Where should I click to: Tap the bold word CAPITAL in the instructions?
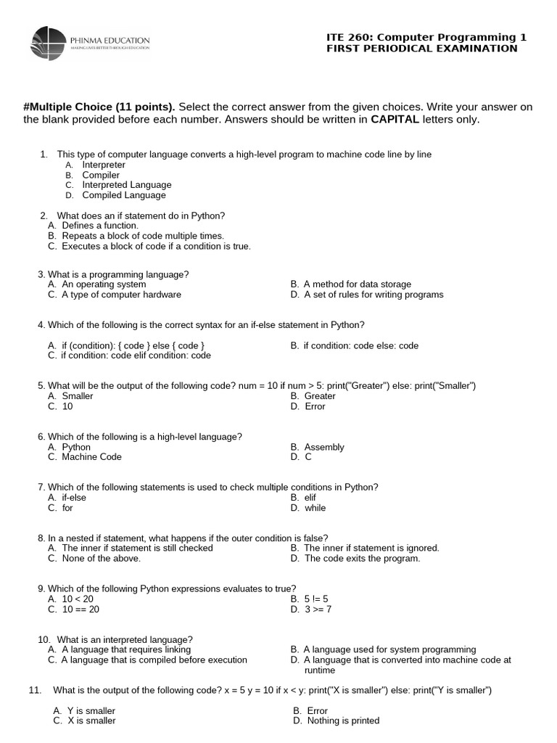point(395,120)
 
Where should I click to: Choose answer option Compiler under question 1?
point(101,175)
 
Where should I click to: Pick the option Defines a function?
point(100,226)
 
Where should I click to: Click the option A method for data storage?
point(357,284)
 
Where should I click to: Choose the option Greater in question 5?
point(319,396)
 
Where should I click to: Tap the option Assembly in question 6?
point(323,447)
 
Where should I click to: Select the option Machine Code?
point(91,457)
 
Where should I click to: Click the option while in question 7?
point(315,508)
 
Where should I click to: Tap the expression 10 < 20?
point(78,599)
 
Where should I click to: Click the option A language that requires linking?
point(126,649)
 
